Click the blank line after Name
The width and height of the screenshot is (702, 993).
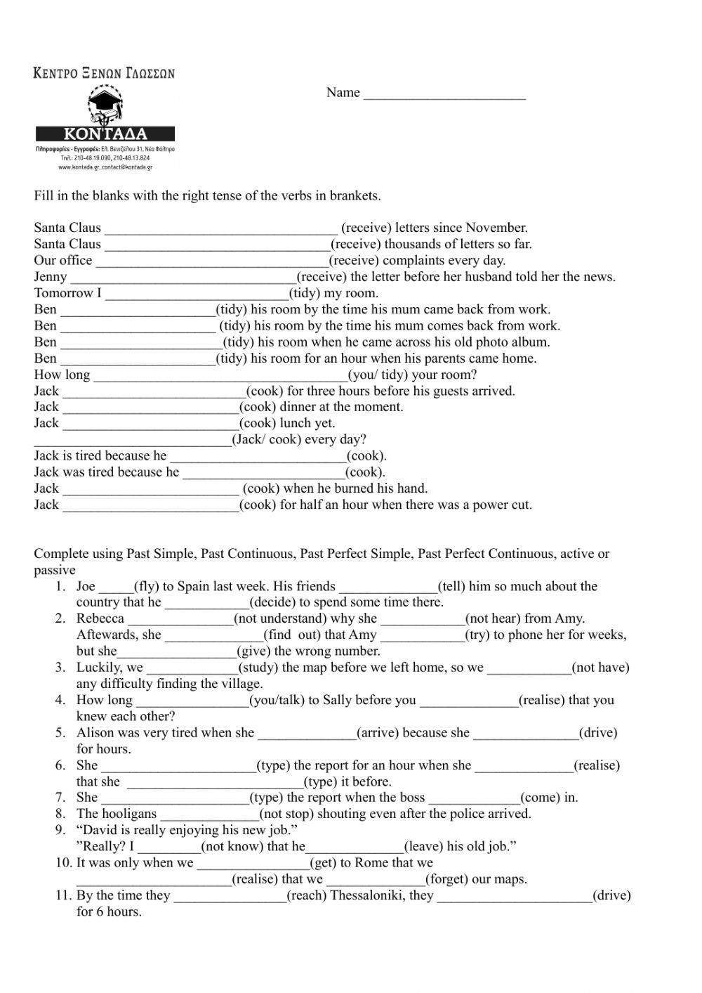(444, 95)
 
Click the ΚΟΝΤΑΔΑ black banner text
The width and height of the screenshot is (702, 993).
(105, 134)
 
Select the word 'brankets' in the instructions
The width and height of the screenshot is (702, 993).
(355, 196)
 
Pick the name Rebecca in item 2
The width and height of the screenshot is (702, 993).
(100, 618)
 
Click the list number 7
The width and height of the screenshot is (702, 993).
(60, 798)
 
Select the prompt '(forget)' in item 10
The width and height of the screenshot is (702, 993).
(450, 879)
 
